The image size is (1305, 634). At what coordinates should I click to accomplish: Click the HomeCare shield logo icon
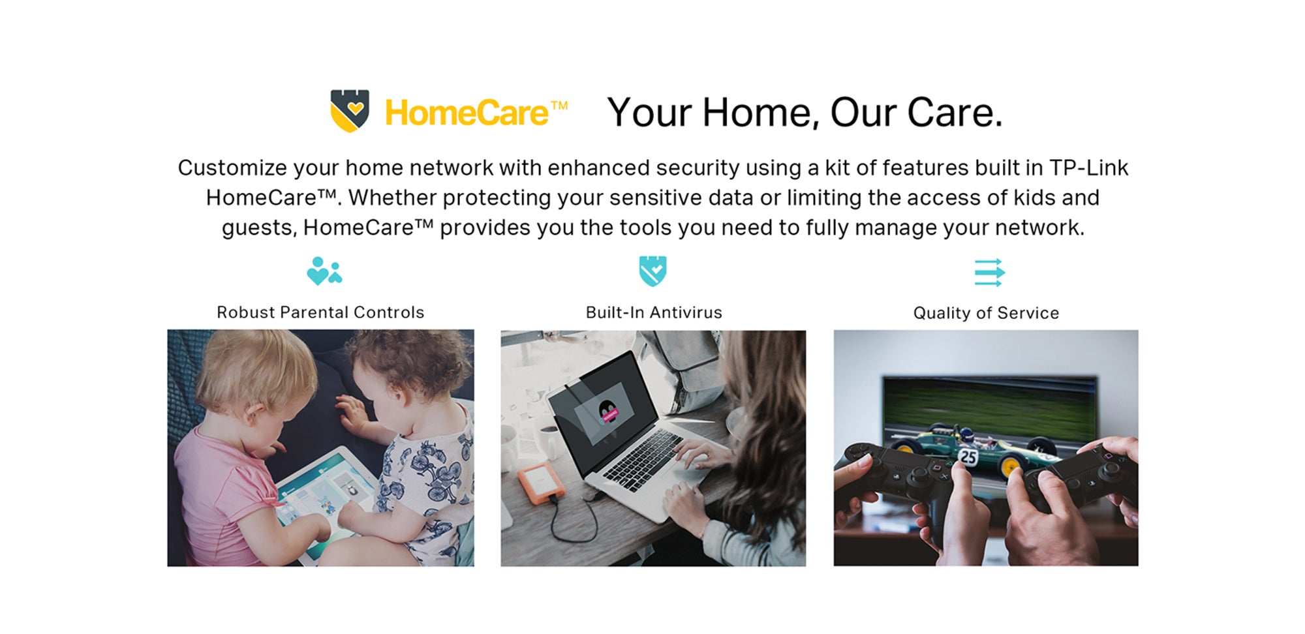[350, 110]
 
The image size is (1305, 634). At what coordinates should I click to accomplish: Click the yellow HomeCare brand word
[467, 113]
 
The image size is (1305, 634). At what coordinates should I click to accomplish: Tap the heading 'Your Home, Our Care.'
[805, 113]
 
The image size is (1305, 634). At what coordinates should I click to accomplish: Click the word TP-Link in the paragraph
[1089, 168]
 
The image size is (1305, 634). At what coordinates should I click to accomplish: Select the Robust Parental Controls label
[320, 312]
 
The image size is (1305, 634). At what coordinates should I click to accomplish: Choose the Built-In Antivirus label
[654, 312]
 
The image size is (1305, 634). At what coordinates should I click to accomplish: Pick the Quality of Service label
[986, 313]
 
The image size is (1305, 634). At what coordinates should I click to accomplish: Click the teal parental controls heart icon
[324, 271]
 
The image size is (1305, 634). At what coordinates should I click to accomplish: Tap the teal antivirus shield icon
[653, 271]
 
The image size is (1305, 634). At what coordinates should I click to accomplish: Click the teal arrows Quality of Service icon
[989, 272]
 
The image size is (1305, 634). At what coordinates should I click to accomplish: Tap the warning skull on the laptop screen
[608, 411]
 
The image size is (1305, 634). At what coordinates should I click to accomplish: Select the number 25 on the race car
[968, 457]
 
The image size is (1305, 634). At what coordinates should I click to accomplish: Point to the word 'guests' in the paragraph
[259, 228]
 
